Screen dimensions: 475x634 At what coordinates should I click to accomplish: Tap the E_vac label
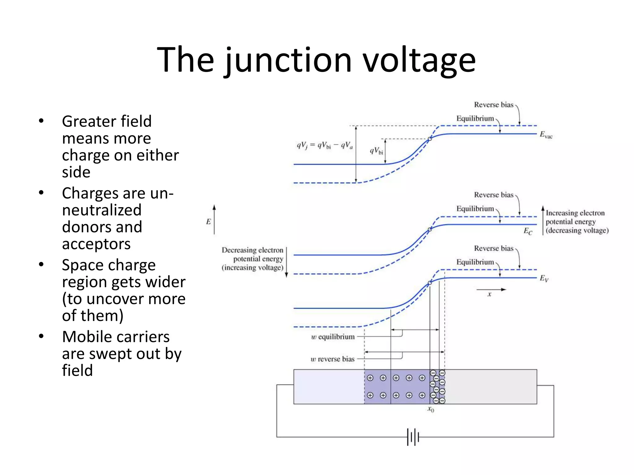click(x=546, y=135)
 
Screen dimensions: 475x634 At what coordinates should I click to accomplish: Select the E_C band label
click(x=528, y=231)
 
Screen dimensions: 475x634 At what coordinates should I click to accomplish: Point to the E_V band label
click(x=544, y=278)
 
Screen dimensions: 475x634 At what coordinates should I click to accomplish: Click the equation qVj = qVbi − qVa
click(x=325, y=145)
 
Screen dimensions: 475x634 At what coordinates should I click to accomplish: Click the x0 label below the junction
click(x=431, y=409)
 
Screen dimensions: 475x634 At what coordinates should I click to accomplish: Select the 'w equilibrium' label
click(x=333, y=337)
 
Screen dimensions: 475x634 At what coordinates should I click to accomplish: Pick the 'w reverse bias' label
click(x=332, y=359)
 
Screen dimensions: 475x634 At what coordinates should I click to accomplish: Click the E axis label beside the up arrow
click(x=208, y=221)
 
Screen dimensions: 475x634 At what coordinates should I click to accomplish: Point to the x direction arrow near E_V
click(x=491, y=290)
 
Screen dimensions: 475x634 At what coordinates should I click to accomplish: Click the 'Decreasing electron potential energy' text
click(x=253, y=259)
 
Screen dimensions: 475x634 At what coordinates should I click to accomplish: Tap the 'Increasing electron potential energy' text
click(x=577, y=221)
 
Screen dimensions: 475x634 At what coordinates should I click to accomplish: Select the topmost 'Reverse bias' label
click(x=493, y=105)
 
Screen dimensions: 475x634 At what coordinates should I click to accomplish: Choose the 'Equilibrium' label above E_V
click(x=475, y=262)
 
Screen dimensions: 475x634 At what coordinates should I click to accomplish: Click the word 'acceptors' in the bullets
click(x=96, y=244)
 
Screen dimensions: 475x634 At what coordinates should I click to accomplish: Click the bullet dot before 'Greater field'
click(x=41, y=121)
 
